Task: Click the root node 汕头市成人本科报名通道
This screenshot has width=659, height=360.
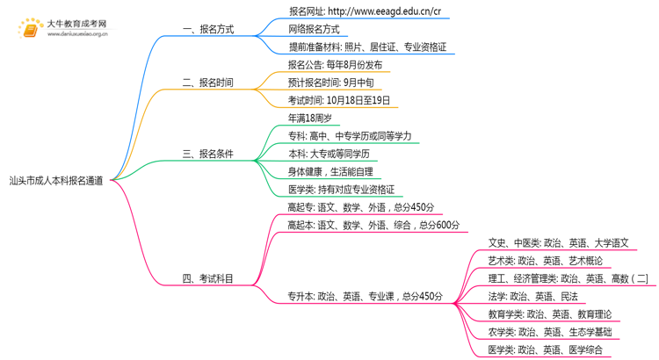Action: pyautogui.click(x=55, y=180)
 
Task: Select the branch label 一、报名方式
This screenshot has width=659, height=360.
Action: pyautogui.click(x=207, y=29)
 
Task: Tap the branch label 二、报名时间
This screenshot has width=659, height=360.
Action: pyautogui.click(x=207, y=83)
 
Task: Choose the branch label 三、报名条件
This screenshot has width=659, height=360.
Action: pyautogui.click(x=207, y=154)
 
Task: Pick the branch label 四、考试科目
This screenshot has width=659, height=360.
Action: pyautogui.click(x=207, y=279)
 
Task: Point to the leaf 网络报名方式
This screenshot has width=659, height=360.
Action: pyautogui.click(x=314, y=29)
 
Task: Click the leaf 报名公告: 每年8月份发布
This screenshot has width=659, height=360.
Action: pyautogui.click(x=335, y=65)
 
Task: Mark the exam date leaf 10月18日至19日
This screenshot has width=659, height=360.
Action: pyautogui.click(x=339, y=101)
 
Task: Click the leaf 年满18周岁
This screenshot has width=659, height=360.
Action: pyautogui.click(x=309, y=118)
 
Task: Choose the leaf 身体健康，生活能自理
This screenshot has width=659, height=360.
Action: pyautogui.click(x=330, y=171)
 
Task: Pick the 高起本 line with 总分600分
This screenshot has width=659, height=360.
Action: pyautogui.click(x=373, y=225)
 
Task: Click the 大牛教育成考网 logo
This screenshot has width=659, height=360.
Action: pyautogui.click(x=62, y=29)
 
